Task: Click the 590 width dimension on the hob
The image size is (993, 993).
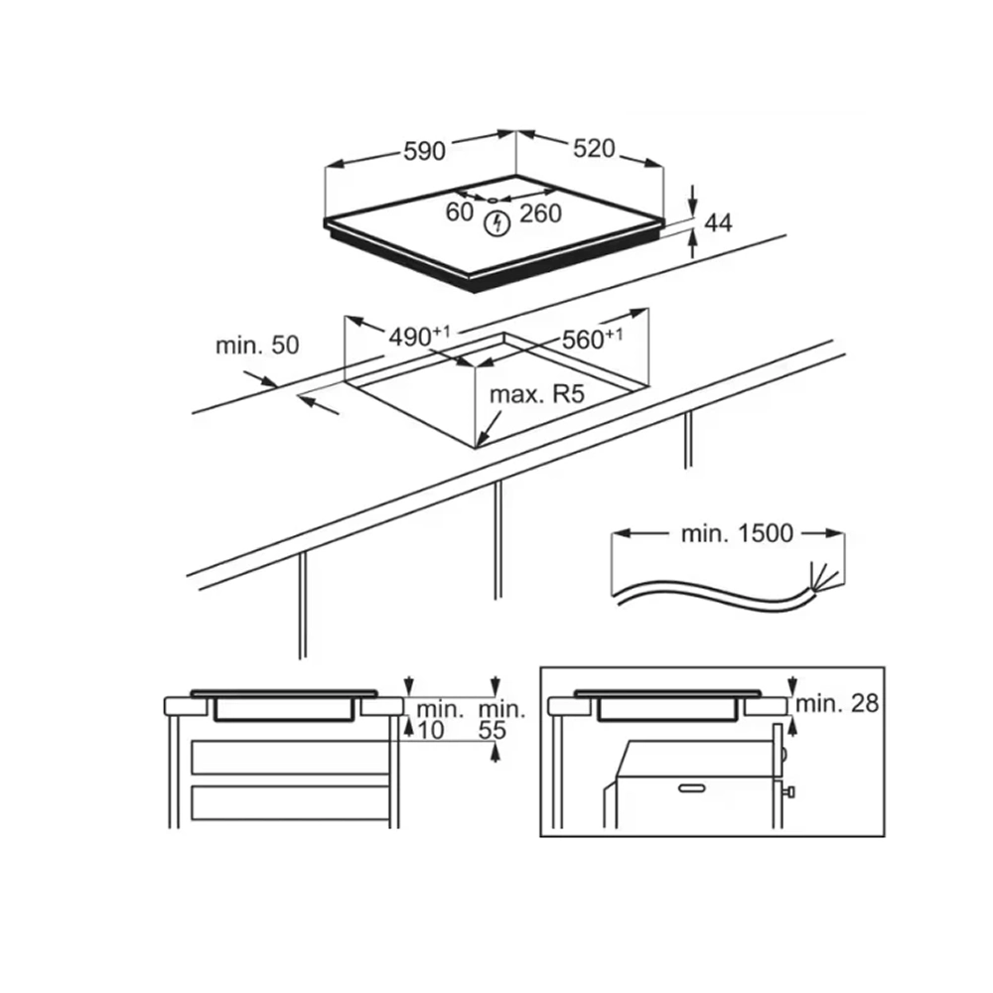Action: pos(424,152)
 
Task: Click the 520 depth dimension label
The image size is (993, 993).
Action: pos(594,149)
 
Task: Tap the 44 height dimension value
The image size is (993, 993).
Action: pos(718,223)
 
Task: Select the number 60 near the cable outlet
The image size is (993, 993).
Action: pos(459,212)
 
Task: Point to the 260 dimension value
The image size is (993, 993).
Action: pos(539,213)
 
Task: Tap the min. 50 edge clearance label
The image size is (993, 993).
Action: pos(256,347)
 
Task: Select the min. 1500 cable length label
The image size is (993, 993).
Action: pos(737,534)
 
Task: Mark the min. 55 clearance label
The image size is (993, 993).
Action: pos(501,720)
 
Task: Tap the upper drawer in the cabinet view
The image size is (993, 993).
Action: pos(289,758)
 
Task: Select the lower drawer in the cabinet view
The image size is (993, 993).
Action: pos(289,802)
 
